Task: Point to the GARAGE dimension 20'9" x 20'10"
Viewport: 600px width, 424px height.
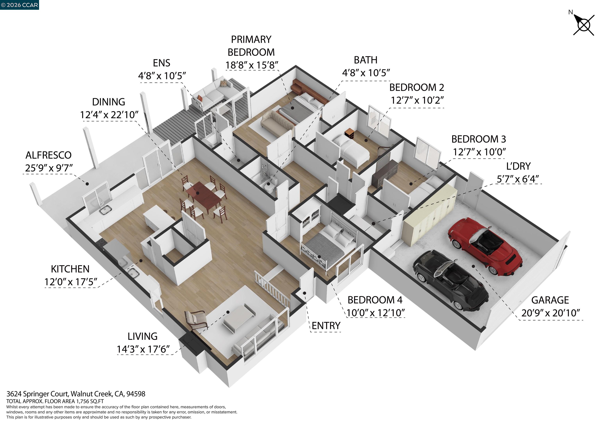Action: point(550,313)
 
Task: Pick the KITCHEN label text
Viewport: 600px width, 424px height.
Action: point(70,269)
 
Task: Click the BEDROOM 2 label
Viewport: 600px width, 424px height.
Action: point(417,87)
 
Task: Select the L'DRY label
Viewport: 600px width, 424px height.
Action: point(518,166)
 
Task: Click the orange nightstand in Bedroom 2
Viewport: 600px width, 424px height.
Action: point(349,134)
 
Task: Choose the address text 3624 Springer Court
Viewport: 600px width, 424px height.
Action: point(76,394)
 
